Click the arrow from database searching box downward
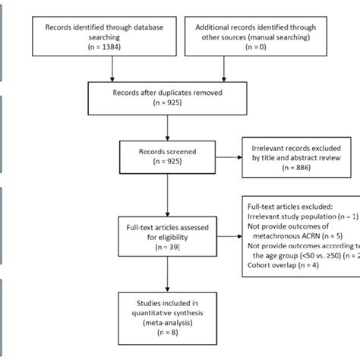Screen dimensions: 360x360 click(112, 73)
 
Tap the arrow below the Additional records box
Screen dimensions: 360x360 click(223, 73)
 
